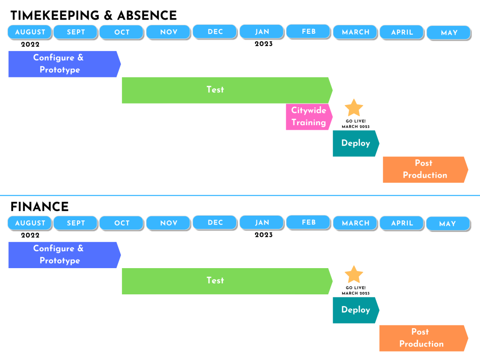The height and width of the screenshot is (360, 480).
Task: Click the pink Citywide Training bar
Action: [309, 117]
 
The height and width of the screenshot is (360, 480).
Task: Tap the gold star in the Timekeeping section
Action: [354, 108]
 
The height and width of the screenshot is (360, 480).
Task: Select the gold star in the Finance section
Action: [354, 274]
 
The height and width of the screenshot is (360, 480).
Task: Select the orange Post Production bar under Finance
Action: [424, 338]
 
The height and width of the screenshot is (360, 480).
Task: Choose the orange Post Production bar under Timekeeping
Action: [426, 170]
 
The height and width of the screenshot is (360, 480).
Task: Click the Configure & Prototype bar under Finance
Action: [65, 255]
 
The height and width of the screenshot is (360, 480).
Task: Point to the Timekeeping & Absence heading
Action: [94, 15]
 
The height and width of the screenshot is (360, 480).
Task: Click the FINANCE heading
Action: [39, 207]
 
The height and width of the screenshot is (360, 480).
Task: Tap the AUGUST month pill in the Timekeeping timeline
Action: [30, 32]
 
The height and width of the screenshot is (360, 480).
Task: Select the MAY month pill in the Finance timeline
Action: [448, 224]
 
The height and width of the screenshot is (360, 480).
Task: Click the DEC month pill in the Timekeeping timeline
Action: [215, 32]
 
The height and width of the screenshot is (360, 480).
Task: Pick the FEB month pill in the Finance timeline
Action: [308, 223]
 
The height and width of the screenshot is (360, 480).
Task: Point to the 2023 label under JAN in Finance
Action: [263, 235]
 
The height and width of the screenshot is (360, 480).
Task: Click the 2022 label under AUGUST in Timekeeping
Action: [30, 45]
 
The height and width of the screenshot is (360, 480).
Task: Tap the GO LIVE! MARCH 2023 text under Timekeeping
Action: [356, 124]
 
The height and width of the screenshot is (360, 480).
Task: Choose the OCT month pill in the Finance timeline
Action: [122, 223]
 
